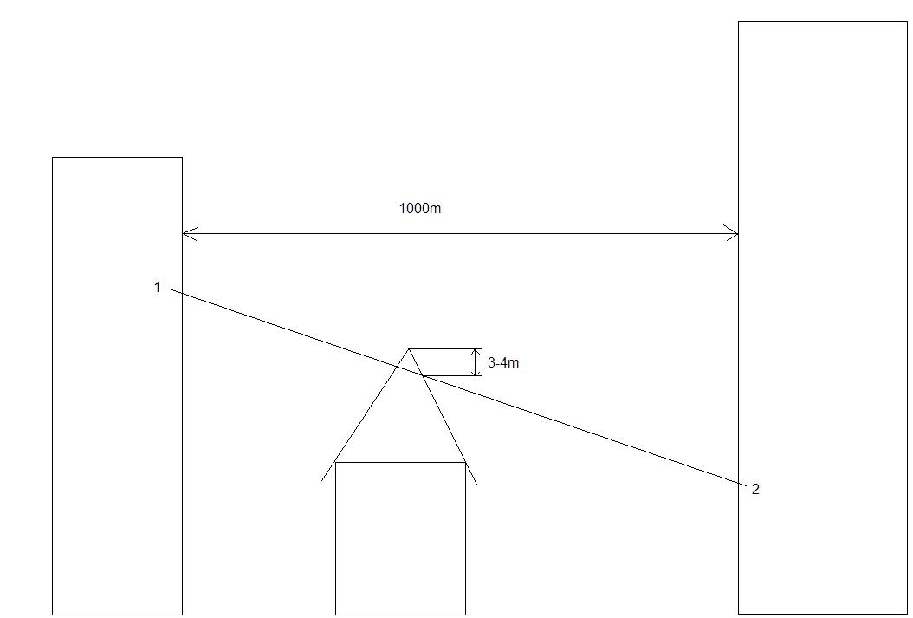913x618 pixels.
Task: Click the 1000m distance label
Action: click(419, 209)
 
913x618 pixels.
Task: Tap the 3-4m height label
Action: click(503, 363)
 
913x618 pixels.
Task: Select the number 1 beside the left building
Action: click(157, 287)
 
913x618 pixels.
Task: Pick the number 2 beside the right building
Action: click(755, 490)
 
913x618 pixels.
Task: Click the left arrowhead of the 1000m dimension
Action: click(185, 233)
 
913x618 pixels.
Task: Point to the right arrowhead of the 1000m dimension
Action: click(735, 233)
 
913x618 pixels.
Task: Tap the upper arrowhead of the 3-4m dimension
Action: click(476, 351)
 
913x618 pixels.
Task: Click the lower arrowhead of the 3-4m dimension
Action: click(476, 373)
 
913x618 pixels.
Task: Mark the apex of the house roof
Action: click(409, 348)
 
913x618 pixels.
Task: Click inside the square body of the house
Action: click(400, 537)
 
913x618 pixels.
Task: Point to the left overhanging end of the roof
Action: click(323, 479)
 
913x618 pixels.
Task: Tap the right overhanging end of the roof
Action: click(476, 483)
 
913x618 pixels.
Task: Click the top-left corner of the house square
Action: click(335, 462)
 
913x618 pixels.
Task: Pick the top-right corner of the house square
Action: click(465, 462)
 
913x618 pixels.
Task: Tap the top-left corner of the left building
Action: click(53, 158)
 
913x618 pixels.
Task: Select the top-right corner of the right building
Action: click(907, 22)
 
